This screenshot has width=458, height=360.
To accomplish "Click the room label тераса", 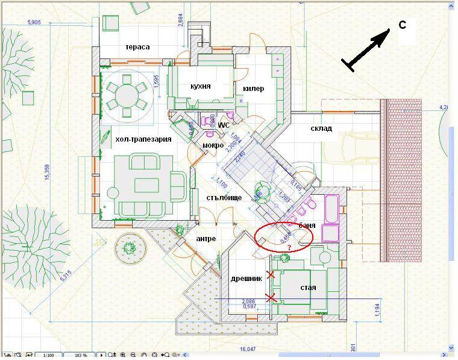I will [137, 47].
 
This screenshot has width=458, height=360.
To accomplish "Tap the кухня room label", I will [200, 86].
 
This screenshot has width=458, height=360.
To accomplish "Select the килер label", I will [254, 89].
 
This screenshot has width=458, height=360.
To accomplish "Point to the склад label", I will [322, 128].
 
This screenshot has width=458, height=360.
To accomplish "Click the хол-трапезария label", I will [143, 139].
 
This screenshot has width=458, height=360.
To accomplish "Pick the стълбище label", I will [224, 197].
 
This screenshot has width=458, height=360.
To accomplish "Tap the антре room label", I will [206, 238].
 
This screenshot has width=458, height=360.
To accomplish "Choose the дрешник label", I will [246, 279].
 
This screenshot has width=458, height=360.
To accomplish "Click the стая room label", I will [308, 287].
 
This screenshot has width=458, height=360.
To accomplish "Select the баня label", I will [307, 225].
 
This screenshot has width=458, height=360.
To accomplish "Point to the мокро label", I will [213, 145].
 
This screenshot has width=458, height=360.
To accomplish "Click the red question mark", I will [289, 247].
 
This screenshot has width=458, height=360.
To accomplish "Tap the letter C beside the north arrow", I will [403, 25].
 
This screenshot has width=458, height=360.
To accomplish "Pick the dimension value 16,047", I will [248, 349].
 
